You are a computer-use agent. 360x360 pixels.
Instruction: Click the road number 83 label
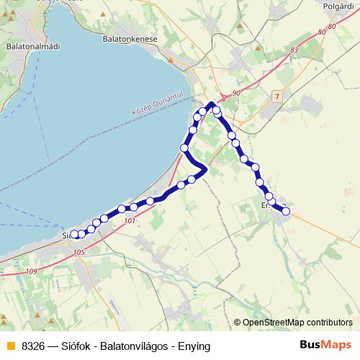(294, 50)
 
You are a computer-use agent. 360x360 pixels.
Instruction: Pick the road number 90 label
(236, 94)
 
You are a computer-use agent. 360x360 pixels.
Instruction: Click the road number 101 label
(129, 221)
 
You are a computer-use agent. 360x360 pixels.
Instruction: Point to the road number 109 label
(30, 271)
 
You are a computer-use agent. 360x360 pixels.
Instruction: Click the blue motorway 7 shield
(277, 96)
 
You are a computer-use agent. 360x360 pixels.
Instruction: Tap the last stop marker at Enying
(286, 212)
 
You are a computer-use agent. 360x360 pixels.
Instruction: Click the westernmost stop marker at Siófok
(74, 234)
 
